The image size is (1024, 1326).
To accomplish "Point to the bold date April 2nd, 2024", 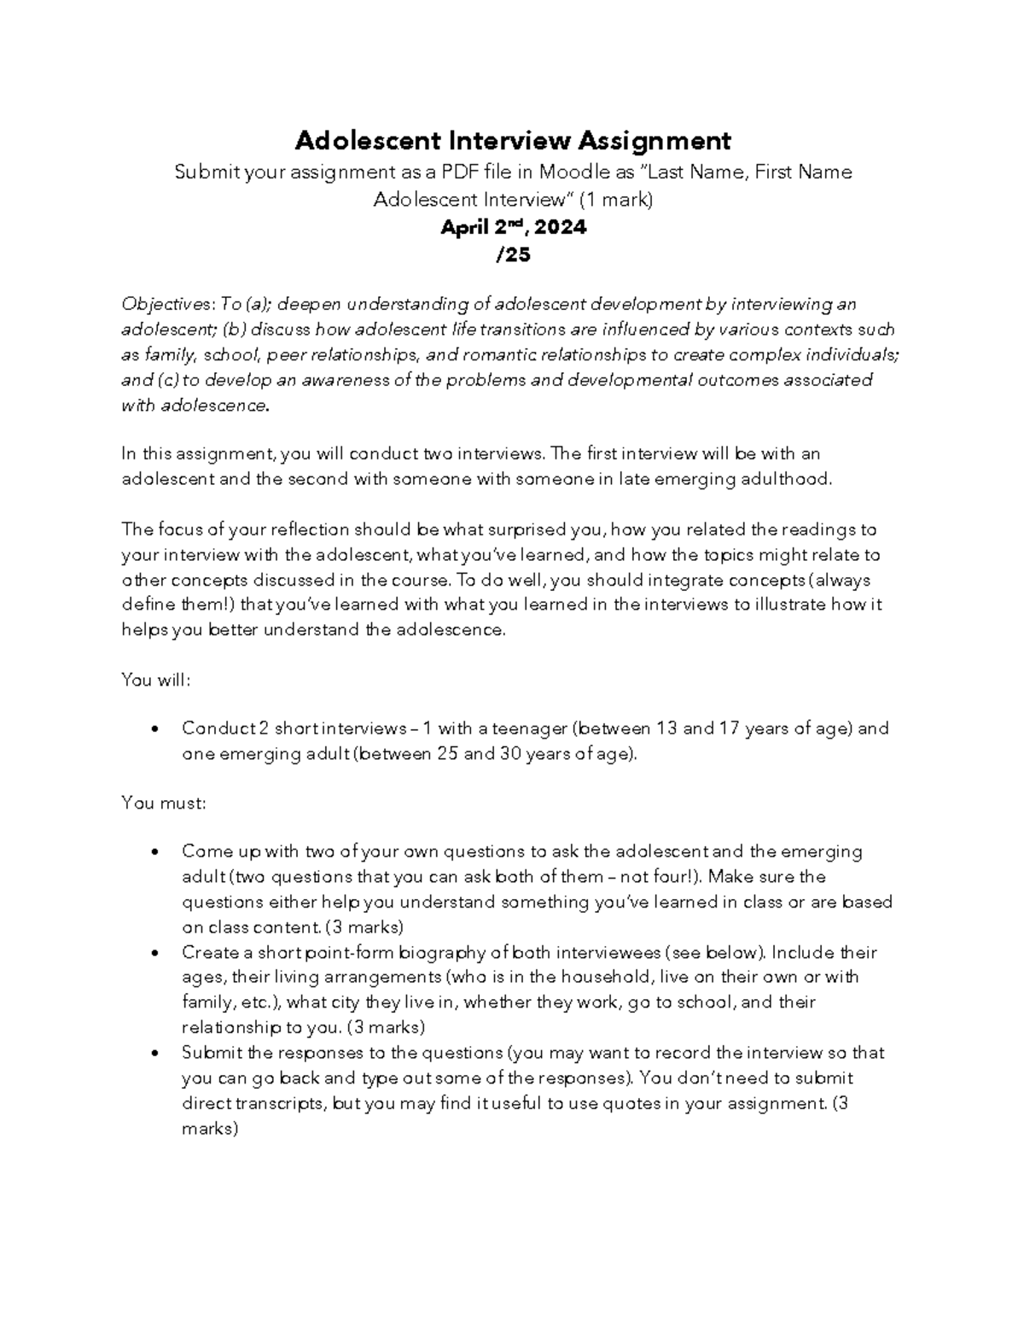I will [513, 228].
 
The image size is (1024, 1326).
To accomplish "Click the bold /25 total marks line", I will [513, 254].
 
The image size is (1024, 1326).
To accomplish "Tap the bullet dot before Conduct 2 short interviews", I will [154, 730].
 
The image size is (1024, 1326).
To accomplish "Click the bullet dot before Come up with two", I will [154, 853].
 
